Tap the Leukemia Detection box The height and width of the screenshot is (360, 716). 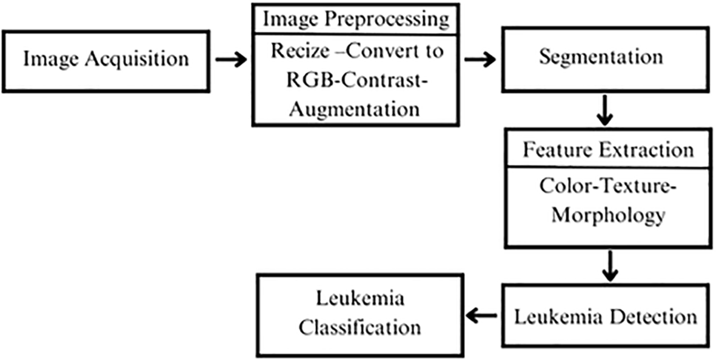[x=606, y=316]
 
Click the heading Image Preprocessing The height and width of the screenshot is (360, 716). [x=356, y=19]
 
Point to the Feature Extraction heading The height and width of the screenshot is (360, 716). [x=608, y=149]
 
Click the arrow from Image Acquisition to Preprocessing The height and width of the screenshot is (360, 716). [x=230, y=59]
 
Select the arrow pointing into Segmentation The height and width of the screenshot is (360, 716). [x=480, y=59]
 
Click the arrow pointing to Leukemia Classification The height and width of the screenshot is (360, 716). [x=481, y=315]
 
